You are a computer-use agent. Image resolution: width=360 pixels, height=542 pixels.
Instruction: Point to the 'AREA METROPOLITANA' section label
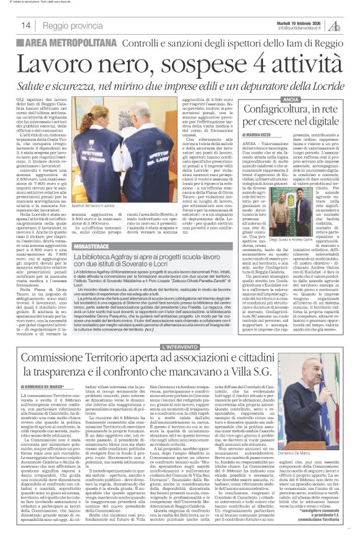pyautogui.click(x=57, y=42)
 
